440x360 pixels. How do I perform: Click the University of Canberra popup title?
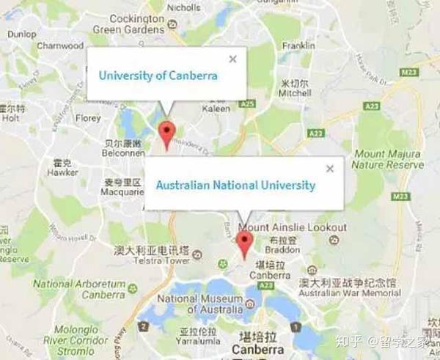(x=158, y=76)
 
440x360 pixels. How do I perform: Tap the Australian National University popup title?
(x=235, y=185)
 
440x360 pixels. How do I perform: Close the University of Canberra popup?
(x=232, y=59)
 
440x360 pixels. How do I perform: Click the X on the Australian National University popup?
(x=329, y=169)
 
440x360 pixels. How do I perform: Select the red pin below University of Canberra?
(x=168, y=134)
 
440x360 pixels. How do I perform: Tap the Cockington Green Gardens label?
(x=128, y=23)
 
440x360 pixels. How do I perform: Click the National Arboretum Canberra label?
(x=83, y=289)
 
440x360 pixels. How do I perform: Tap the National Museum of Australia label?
(x=199, y=304)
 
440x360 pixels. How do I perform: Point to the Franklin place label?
(x=298, y=45)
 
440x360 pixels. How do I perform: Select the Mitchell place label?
(x=295, y=94)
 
